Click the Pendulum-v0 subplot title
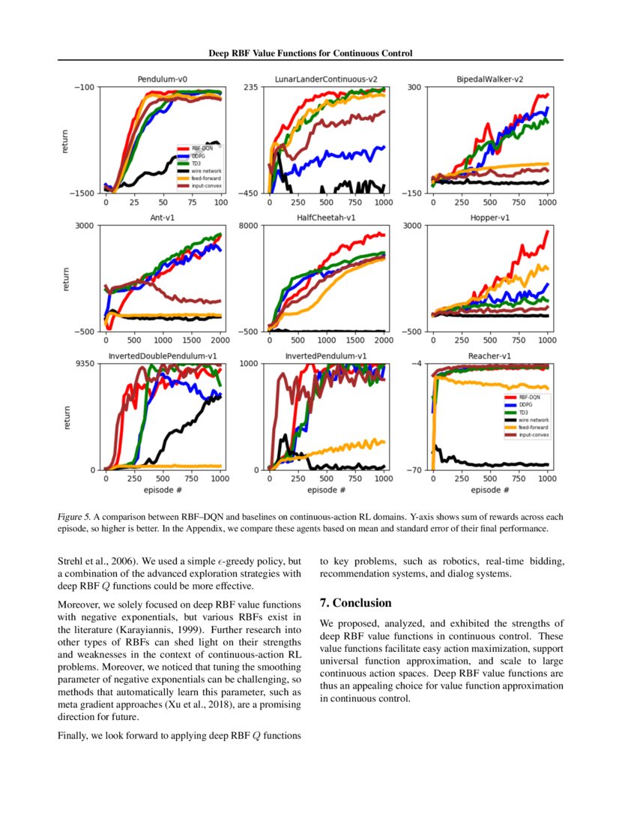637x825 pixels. coord(163,79)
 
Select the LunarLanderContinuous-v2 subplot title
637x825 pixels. coord(325,79)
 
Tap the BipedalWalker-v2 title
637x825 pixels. coord(489,79)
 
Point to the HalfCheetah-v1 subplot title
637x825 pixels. coord(325,217)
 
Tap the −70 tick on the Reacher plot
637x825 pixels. coord(414,470)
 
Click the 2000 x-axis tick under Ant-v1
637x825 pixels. coord(221,340)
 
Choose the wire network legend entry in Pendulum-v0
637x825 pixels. coord(200,170)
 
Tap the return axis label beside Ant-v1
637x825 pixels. coord(65,278)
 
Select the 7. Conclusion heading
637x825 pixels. coord(355,603)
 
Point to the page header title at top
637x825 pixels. coord(310,53)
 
